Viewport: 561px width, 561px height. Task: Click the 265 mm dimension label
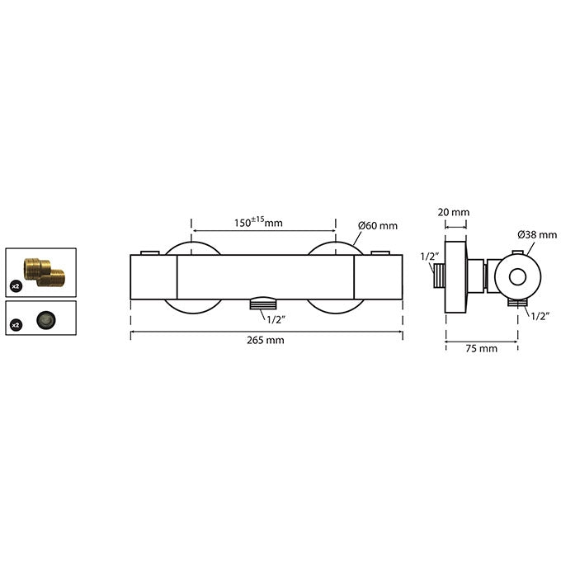tap(265, 340)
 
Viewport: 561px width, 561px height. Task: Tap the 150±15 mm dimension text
tap(258, 222)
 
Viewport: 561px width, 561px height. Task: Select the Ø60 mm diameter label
tap(378, 226)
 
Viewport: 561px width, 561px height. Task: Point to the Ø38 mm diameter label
tap(537, 234)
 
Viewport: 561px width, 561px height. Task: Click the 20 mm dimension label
tap(453, 212)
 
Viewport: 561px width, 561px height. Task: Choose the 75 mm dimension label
tap(481, 348)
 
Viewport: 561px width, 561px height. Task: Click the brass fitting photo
tap(44, 272)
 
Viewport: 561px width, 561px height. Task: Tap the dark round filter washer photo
tap(46, 319)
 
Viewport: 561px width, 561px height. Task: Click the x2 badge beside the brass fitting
tap(16, 286)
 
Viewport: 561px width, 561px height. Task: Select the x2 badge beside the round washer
tap(16, 325)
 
